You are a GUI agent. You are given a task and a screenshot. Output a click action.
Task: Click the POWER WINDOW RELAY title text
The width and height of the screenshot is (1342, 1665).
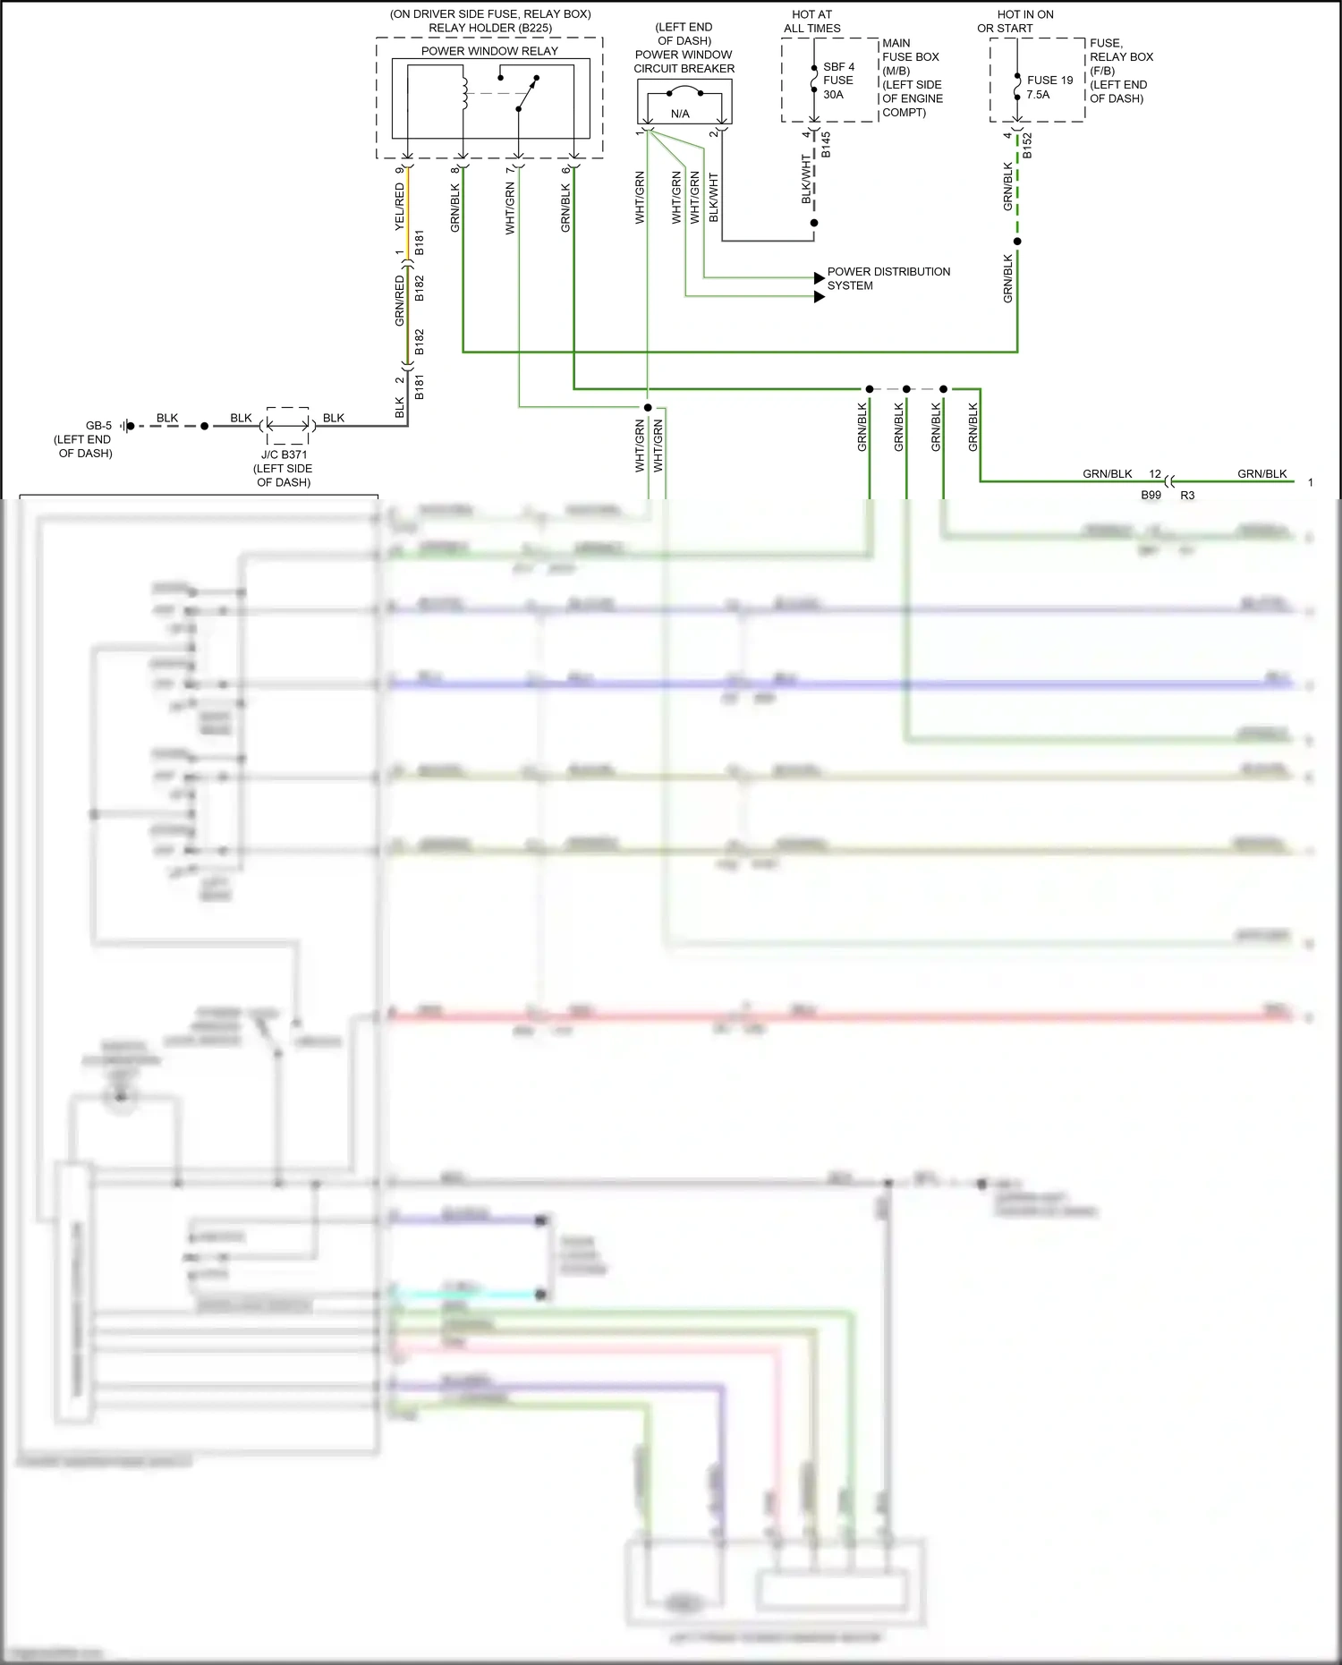click(489, 51)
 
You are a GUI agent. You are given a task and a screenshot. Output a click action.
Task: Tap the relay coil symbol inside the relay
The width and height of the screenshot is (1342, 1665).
click(463, 91)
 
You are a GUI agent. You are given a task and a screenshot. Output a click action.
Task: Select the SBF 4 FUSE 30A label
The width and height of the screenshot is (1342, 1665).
click(838, 81)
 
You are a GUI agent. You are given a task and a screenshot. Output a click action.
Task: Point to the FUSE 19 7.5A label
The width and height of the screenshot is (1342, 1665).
click(1049, 87)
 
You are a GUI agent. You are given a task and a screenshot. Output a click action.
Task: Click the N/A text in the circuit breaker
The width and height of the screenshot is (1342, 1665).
click(680, 114)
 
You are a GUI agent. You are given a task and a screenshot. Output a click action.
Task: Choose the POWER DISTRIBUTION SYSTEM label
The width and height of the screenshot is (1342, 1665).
click(888, 278)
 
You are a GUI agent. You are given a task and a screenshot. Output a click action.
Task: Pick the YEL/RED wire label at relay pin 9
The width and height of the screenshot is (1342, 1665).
click(400, 207)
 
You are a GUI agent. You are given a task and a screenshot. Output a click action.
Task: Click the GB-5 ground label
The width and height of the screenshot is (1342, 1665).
click(98, 426)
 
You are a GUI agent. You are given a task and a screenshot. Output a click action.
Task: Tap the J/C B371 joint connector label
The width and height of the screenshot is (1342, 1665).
click(284, 454)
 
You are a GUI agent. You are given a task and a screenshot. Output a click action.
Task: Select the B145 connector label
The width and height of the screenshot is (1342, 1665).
click(826, 145)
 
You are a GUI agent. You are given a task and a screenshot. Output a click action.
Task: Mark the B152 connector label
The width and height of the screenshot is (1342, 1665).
click(1027, 146)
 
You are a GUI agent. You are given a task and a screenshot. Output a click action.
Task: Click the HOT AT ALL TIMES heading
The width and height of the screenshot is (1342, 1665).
click(811, 21)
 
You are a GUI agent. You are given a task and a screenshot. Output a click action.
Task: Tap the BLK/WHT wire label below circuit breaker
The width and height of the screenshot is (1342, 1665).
click(714, 198)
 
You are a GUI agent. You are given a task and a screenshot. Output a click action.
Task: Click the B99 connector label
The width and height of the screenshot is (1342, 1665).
click(1151, 495)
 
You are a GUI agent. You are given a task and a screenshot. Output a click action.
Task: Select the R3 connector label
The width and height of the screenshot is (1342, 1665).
click(1187, 495)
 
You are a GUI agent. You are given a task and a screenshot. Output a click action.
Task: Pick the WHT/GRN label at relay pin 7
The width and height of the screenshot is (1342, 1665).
click(510, 208)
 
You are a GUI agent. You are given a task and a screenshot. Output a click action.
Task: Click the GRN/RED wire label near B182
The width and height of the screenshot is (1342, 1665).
click(400, 301)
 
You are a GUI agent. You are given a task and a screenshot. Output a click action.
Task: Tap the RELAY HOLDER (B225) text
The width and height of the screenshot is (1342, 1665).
click(490, 28)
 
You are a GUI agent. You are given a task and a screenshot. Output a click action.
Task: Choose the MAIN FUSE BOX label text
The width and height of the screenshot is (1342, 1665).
click(910, 50)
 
